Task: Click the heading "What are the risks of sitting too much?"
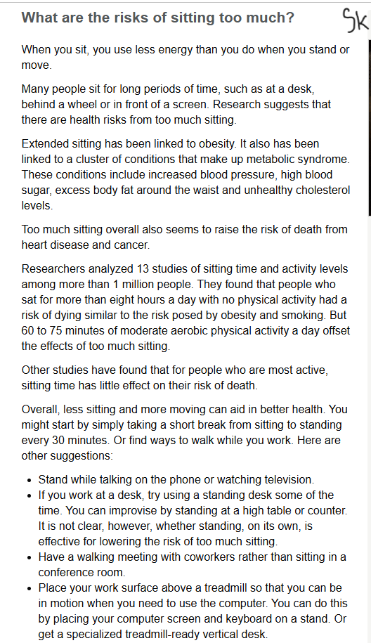click(158, 18)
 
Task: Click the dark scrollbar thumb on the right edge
click(370, 126)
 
